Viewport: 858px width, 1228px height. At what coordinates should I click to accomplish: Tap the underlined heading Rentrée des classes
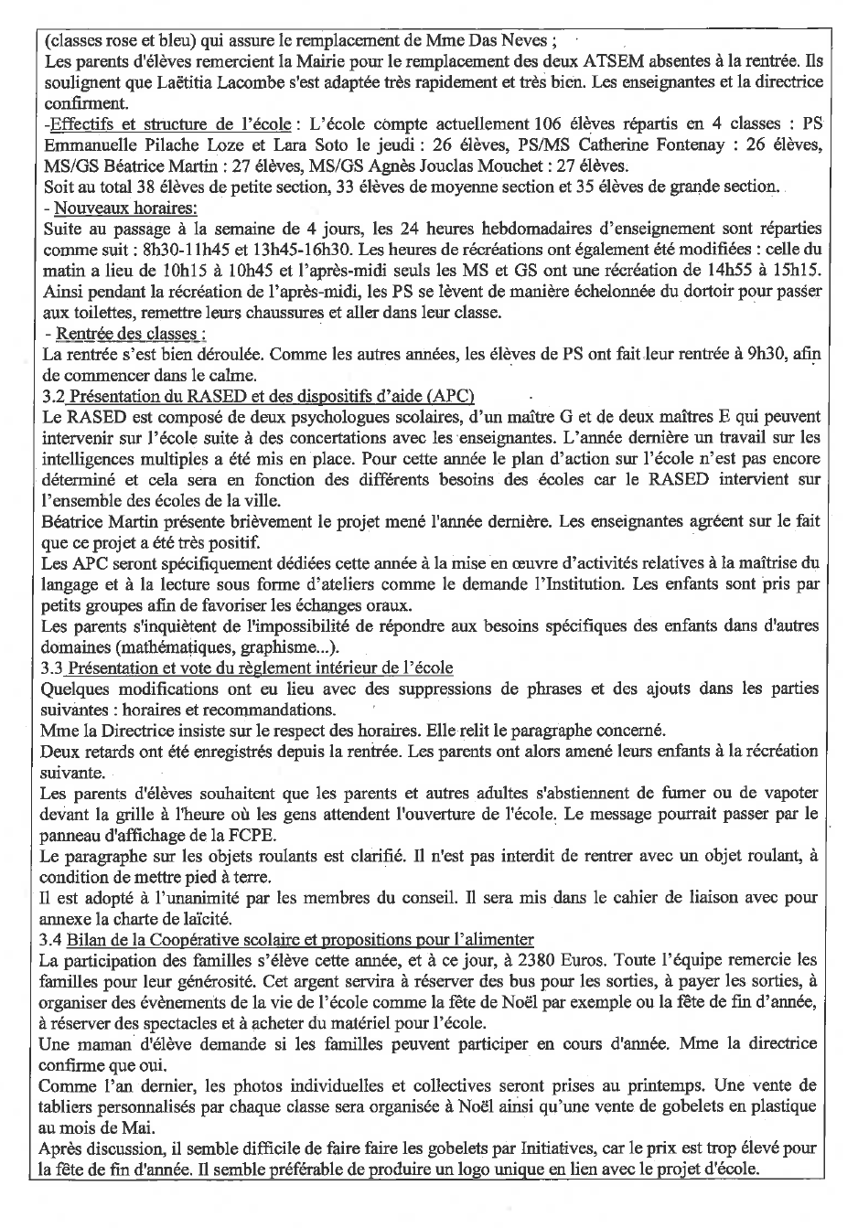(x=129, y=333)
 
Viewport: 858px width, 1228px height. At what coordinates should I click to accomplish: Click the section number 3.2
(x=54, y=396)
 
